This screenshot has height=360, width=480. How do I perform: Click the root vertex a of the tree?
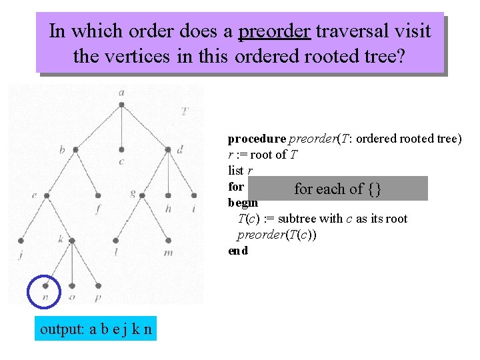[121, 105]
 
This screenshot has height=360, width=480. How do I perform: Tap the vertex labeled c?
[121, 150]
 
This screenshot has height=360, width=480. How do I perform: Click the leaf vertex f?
[98, 196]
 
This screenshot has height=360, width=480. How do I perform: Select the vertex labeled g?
[144, 195]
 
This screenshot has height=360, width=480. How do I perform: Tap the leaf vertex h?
[168, 196]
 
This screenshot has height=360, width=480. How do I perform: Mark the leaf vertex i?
[194, 196]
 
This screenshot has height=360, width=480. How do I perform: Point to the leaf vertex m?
[168, 241]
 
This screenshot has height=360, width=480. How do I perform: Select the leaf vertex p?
[98, 285]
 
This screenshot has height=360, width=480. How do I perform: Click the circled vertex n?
[45, 286]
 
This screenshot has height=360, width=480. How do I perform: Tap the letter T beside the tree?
[184, 111]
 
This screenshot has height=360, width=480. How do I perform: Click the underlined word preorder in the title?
[274, 31]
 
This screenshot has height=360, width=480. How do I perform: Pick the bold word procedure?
[257, 139]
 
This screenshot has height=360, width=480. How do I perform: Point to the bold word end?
[238, 251]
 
